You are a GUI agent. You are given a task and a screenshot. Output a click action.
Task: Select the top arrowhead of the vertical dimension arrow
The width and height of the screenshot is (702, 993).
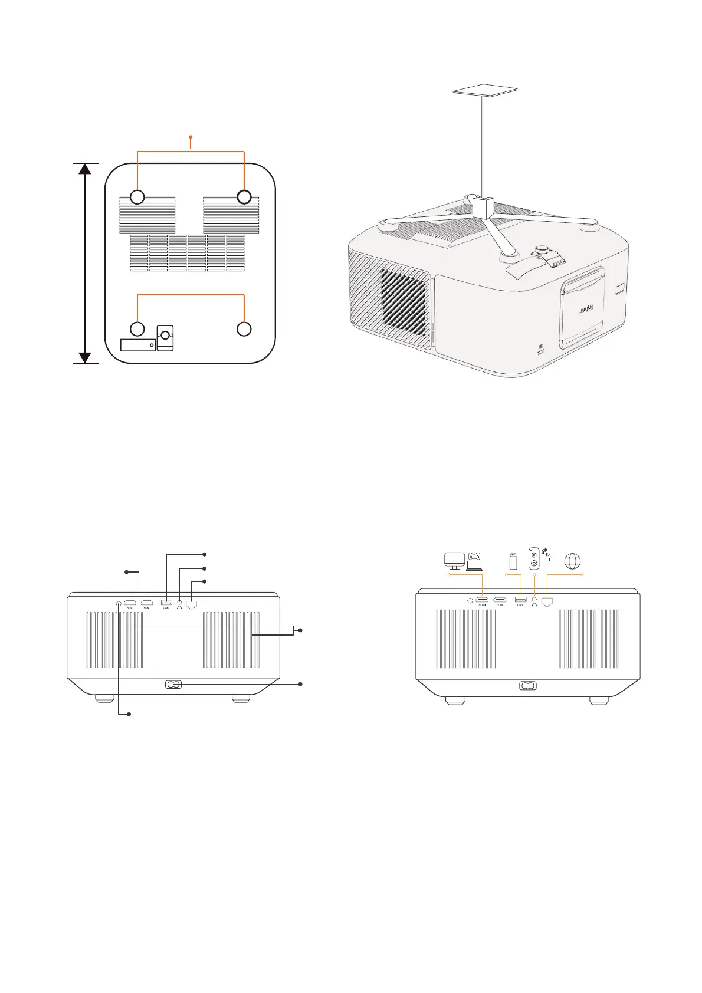click(85, 169)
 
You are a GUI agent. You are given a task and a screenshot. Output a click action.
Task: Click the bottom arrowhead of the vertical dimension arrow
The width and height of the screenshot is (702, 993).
click(85, 357)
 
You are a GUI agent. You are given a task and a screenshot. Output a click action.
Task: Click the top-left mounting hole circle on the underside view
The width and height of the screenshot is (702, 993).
click(137, 197)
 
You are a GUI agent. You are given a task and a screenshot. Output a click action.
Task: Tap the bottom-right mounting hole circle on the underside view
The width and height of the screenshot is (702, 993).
click(244, 329)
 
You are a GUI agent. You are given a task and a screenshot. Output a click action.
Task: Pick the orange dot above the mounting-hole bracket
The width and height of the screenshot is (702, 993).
click(191, 137)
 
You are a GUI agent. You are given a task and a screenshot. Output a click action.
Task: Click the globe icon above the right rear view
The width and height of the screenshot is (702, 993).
click(572, 561)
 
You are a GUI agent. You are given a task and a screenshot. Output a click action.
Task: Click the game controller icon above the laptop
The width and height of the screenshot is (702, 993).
click(475, 555)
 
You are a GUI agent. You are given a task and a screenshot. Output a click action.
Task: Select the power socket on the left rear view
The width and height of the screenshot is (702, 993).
click(173, 685)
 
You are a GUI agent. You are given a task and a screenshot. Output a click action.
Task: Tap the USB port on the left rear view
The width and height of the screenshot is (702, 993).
click(166, 602)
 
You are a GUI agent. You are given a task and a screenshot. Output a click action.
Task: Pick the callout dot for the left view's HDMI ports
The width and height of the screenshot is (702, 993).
click(126, 571)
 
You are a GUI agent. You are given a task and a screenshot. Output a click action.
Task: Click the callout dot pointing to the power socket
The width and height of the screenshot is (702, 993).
click(301, 684)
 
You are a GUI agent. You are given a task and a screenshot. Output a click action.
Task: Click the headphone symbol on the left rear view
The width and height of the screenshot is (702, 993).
click(179, 608)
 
